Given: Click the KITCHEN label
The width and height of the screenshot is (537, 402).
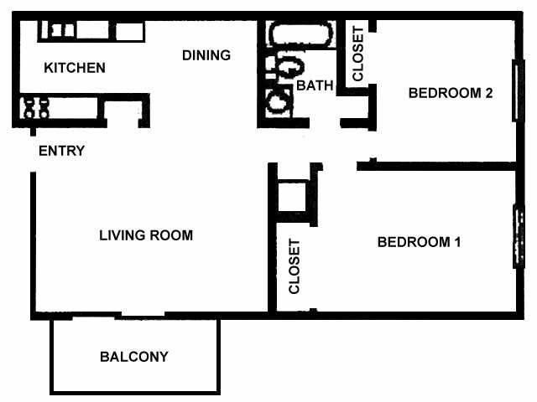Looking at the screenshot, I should coord(75,68).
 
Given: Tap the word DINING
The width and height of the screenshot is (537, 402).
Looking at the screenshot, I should coord(206,55).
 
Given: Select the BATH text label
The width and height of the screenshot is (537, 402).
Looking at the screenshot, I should coord(315,85).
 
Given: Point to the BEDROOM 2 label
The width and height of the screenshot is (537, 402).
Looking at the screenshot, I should coord(450,93).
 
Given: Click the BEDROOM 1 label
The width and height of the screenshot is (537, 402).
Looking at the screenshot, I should coord(420,242).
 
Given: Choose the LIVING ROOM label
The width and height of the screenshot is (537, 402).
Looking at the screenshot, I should coord(146,235).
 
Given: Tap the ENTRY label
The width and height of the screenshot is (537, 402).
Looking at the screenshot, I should coord(62,151).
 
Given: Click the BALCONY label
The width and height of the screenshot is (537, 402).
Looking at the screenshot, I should coord(134,356).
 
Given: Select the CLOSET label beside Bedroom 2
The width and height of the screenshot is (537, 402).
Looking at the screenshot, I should coord(357,55).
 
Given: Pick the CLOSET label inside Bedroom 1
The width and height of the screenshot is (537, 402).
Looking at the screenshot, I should coord(295,267).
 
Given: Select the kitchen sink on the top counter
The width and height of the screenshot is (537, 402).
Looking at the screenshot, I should coord(63,31).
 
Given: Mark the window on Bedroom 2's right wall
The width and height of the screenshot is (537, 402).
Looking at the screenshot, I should coord(514,91).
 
